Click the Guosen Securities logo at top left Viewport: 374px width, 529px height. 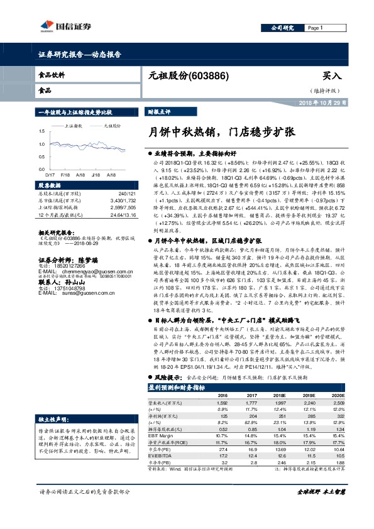coord(66,26)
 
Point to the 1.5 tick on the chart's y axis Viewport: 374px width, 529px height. coord(41,131)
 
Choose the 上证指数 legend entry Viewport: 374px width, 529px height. coord(75,126)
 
